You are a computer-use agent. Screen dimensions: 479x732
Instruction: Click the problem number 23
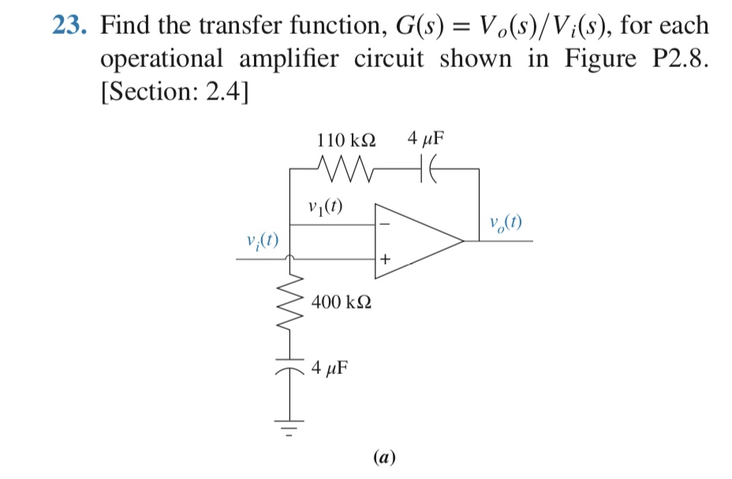coord(69,26)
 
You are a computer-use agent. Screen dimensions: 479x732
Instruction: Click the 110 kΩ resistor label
coord(345,140)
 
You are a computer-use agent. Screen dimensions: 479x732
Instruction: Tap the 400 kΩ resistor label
coord(342,301)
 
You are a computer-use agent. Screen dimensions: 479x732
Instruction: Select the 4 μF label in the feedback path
coord(426,140)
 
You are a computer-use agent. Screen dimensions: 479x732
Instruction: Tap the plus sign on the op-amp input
coord(386,259)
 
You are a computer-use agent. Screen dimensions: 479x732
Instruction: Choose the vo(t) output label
coord(505,223)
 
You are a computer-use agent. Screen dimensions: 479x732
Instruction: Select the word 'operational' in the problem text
coord(161,59)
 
